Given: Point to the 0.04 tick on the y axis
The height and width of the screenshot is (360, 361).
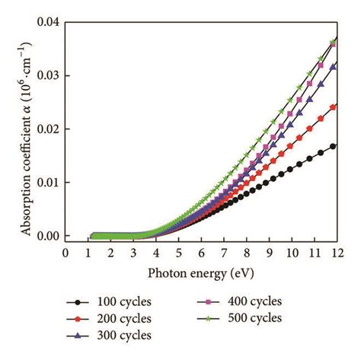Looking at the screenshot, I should [x=47, y=22].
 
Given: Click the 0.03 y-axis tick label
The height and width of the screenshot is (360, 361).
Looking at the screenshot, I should [x=47, y=75].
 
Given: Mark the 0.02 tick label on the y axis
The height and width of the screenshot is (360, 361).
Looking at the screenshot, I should [x=47, y=129].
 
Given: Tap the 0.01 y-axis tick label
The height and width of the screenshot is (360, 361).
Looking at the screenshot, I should [x=47, y=183].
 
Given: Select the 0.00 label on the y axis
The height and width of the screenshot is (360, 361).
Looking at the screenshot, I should [x=47, y=236].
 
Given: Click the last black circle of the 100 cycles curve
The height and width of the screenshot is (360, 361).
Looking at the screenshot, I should [x=332, y=145].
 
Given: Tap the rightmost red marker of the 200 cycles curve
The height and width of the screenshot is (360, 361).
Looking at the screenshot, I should [x=332, y=107].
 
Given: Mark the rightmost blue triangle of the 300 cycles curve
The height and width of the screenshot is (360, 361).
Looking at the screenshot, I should [x=332, y=66].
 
